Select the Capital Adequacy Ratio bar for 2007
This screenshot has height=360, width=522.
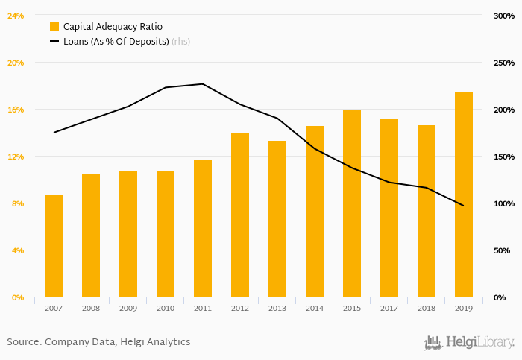point(54,246)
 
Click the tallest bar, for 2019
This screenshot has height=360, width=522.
point(464,195)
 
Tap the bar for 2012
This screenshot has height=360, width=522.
point(240,215)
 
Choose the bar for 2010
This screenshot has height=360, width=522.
point(166,234)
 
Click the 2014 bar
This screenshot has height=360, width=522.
point(315,212)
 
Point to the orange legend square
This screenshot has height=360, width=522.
point(54,27)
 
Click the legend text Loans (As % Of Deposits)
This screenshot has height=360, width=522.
point(116,42)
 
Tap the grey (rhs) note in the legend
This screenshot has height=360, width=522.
point(181,42)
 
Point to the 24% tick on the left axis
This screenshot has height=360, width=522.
point(16,16)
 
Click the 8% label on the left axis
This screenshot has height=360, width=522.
point(17,203)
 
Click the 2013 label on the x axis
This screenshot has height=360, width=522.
point(277,308)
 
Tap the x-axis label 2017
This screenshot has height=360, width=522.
point(389,308)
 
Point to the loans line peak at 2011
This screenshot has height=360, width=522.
point(203,84)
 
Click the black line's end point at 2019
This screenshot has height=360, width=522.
point(463,206)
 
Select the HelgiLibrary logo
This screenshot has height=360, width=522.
point(469,343)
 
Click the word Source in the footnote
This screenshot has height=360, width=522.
point(23,342)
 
